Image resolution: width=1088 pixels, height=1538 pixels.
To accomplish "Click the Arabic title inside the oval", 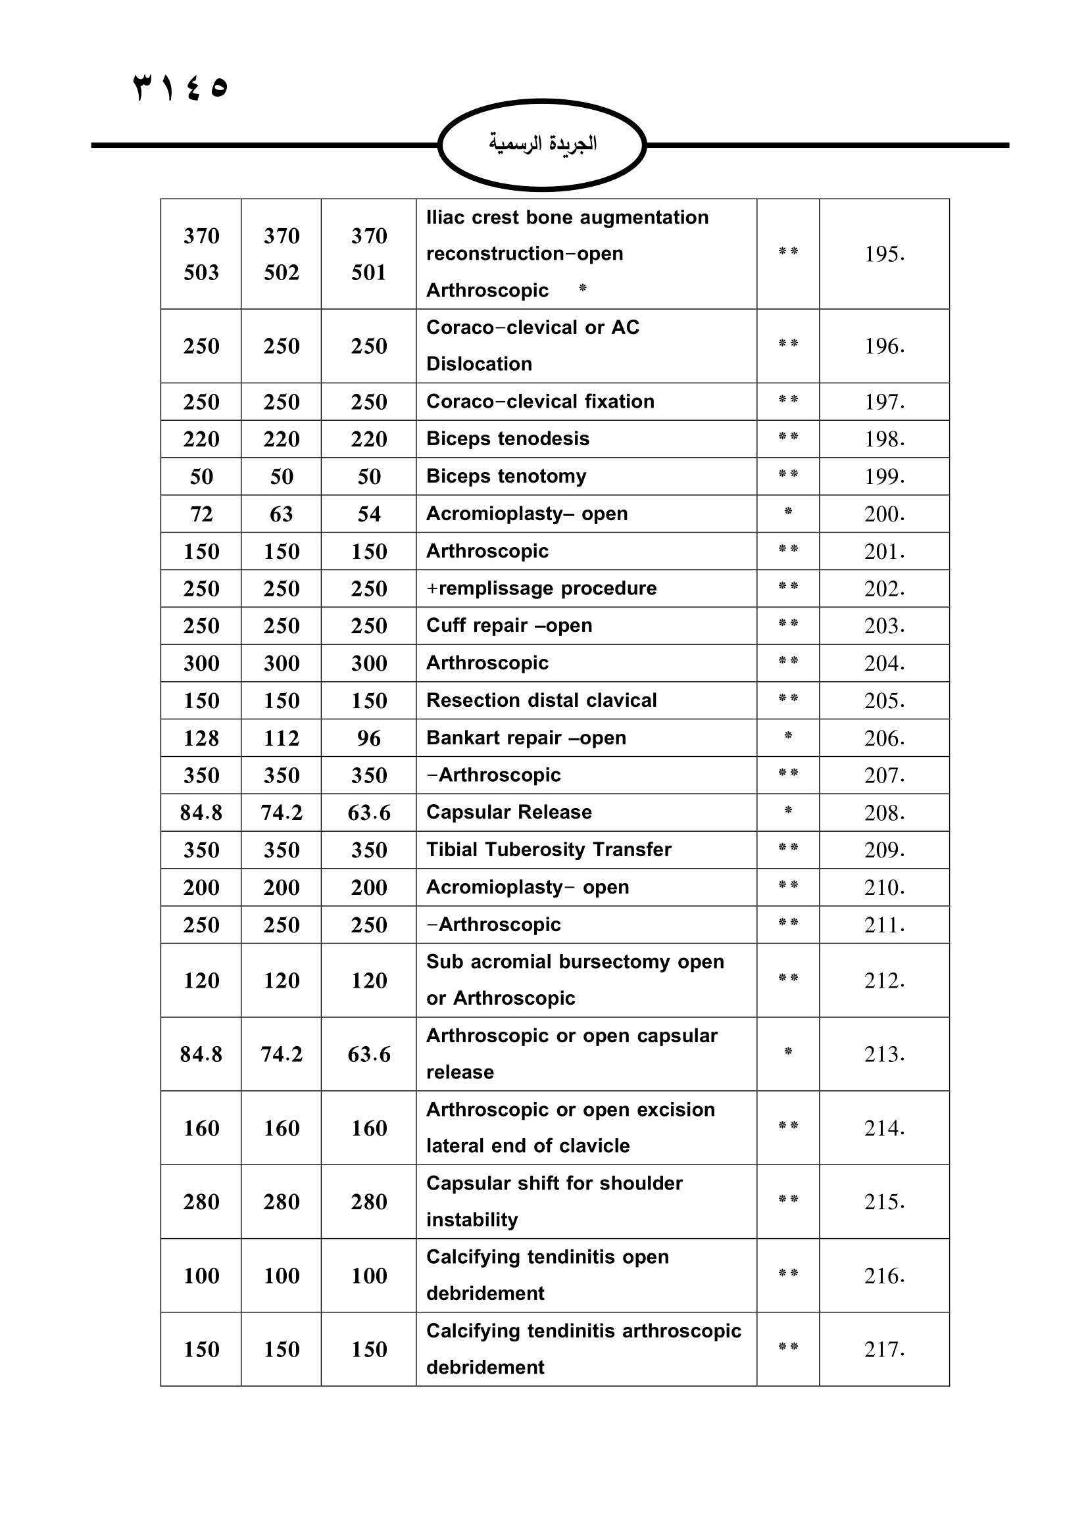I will tap(542, 144).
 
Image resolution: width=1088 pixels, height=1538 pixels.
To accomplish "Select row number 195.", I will tap(883, 254).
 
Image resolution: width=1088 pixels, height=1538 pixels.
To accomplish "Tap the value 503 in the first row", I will tap(201, 273).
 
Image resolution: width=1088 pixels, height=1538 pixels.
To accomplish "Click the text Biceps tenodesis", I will tap(508, 439).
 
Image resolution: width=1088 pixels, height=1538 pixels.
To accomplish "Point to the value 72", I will tap(201, 514).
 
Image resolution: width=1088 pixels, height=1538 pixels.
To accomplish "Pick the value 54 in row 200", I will tap(368, 514).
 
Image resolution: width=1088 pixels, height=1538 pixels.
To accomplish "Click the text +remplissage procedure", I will tap(541, 588).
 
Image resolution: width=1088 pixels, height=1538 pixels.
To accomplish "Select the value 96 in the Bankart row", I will tap(368, 738).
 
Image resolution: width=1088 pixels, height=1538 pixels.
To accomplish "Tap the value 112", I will tap(282, 738).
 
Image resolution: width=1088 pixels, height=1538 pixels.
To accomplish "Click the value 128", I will tap(201, 738).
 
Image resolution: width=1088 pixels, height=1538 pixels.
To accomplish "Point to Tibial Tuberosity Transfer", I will tap(549, 850).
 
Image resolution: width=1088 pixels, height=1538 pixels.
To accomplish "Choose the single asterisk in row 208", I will tap(788, 811).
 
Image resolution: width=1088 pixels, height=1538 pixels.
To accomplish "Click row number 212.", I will tap(883, 980).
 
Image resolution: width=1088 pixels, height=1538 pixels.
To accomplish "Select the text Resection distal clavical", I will tap(541, 700).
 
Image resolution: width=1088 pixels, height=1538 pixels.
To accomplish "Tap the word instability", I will tap(472, 1220).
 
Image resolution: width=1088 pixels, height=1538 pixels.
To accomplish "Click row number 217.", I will tap(883, 1349).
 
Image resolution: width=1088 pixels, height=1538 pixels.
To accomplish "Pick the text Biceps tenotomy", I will tap(506, 476).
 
